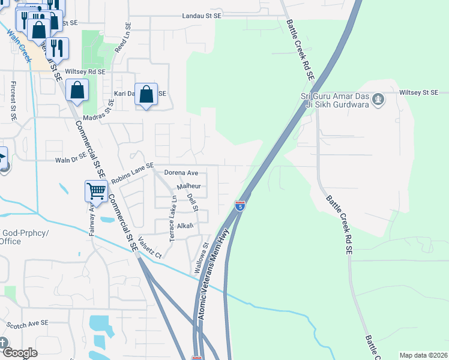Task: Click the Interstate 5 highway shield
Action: [240, 206]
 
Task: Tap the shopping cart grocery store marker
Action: [96, 191]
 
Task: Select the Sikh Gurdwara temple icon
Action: [378, 98]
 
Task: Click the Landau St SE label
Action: [206, 17]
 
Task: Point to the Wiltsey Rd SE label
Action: [85, 71]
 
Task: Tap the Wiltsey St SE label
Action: [419, 92]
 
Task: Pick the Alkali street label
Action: [184, 226]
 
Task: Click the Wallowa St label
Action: [200, 259]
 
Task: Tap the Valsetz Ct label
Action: [150, 247]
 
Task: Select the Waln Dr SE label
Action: [71, 160]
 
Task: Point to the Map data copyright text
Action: [423, 355]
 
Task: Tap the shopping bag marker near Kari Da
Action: [146, 94]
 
